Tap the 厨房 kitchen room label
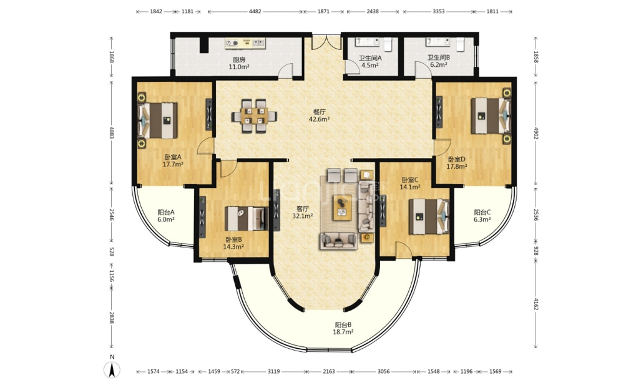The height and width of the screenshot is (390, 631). click(239, 59)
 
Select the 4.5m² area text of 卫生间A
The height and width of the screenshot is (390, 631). click(370, 65)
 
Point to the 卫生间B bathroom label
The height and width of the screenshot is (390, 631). click(439, 57)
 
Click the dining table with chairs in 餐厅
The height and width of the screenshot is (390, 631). click(254, 116)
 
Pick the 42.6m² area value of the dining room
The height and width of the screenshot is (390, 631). click(320, 119)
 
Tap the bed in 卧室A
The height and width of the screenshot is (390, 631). click(158, 121)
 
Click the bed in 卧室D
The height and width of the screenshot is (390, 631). click(491, 116)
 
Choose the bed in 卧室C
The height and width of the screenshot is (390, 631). click(429, 216)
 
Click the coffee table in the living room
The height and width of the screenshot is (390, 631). click(342, 207)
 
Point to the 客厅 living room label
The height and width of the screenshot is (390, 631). click(303, 209)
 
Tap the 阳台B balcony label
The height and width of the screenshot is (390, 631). click(343, 324)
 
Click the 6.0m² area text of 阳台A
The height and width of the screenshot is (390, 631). click(166, 219)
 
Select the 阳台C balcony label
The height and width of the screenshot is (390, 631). click(482, 212)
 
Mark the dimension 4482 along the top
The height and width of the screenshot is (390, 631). click(255, 11)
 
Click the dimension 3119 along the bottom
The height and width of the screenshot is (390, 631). click(273, 371)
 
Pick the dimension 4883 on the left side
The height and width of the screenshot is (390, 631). click(112, 133)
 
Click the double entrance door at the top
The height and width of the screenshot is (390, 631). click(326, 42)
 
